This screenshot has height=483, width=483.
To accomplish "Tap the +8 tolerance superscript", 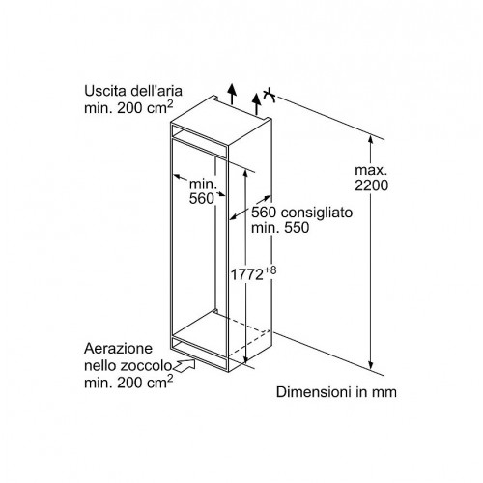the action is pyautogui.click(x=270, y=270).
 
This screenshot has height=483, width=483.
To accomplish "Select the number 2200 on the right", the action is pyautogui.click(x=372, y=185).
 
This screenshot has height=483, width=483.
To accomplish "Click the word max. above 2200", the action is pyautogui.click(x=371, y=170).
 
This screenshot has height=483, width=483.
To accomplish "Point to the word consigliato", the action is pyautogui.click(x=317, y=213).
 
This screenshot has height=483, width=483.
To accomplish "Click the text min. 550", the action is pyautogui.click(x=280, y=228).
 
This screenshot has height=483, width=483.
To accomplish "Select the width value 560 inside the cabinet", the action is pyautogui.click(x=201, y=198).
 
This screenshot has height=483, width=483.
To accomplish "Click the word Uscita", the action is pyautogui.click(x=105, y=91).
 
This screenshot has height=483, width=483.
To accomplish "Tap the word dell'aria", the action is pyautogui.click(x=156, y=91).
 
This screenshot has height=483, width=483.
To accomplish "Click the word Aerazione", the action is pyautogui.click(x=118, y=349).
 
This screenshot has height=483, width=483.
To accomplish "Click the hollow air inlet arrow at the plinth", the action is pyautogui.click(x=185, y=366).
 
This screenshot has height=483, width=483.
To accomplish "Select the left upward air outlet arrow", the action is pyautogui.click(x=232, y=94).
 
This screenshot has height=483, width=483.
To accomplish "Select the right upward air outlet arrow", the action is pyautogui.click(x=256, y=103).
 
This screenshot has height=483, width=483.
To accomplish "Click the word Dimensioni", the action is pyautogui.click(x=314, y=392).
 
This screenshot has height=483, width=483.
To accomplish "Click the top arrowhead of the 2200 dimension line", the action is pyautogui.click(x=371, y=140).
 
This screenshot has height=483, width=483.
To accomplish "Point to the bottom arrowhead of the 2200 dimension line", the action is pyautogui.click(x=371, y=365).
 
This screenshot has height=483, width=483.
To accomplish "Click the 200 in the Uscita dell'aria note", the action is pyautogui.click(x=129, y=108).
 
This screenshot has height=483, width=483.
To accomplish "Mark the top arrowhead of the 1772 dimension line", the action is pyautogui.click(x=245, y=173).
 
